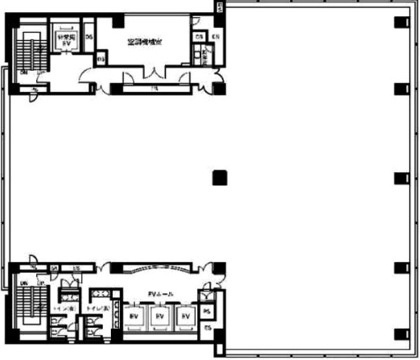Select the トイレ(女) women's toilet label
(63, 310)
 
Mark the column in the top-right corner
(400, 22)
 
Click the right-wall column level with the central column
(400, 177)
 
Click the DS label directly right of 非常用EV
(88, 37)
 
